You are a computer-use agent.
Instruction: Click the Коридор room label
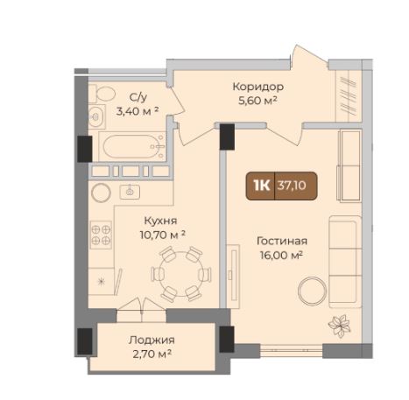(258, 87)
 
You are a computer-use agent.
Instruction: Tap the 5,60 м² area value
(257, 101)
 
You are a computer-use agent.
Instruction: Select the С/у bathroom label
(138, 98)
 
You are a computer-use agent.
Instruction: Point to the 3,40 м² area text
(138, 111)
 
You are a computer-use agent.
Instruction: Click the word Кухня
(160, 221)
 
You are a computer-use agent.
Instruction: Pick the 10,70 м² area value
(163, 235)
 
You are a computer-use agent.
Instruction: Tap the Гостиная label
(282, 242)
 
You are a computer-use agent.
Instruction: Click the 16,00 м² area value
(281, 256)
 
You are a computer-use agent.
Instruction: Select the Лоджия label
(152, 340)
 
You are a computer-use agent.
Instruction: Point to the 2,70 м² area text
(152, 354)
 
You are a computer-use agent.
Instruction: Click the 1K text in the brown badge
(262, 186)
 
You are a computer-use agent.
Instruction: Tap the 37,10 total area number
(292, 186)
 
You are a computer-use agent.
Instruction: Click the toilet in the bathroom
(102, 94)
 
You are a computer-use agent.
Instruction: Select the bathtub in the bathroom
(131, 146)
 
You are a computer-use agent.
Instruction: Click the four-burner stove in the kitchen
(101, 235)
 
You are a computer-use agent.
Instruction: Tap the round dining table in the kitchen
(181, 274)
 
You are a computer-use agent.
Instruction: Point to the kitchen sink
(130, 192)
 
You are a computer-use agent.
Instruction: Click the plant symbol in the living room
(339, 326)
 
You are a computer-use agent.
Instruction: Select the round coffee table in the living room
(312, 291)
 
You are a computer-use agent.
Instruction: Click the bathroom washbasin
(96, 116)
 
